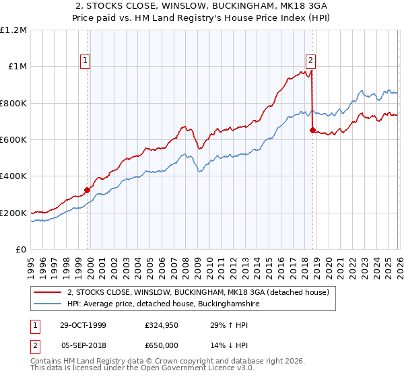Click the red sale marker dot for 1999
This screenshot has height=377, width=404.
coord(88,191)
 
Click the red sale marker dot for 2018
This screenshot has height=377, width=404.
coord(312,131)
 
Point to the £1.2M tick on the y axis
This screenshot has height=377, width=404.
coord(13,30)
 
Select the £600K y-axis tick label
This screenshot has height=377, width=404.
coord(13,140)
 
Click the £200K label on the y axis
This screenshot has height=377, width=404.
coord(13,213)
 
